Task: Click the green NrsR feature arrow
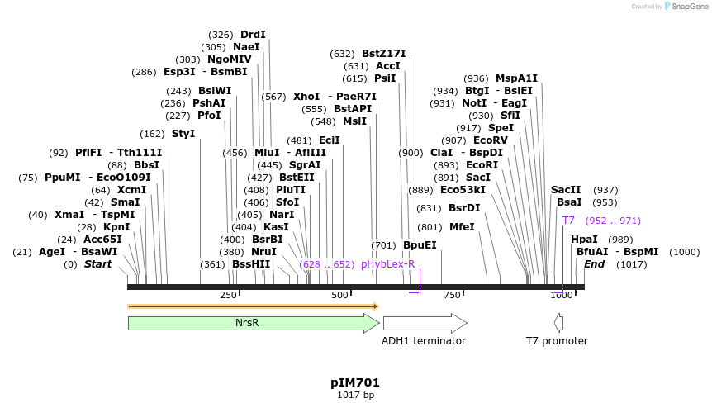[248, 323]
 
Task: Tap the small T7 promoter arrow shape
[559, 323]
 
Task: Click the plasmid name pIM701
[355, 382]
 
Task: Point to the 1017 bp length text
[355, 396]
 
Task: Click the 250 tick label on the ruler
[228, 296]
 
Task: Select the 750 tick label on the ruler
[451, 296]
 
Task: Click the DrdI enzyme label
[253, 35]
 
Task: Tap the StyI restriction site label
[183, 134]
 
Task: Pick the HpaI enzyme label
[584, 240]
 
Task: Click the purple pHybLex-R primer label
[387, 264]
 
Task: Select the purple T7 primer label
[568, 221]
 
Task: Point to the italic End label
[595, 264]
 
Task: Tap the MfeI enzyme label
[462, 227]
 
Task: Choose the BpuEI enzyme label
[420, 245]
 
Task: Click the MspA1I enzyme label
[516, 78]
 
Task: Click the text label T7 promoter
[557, 341]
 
